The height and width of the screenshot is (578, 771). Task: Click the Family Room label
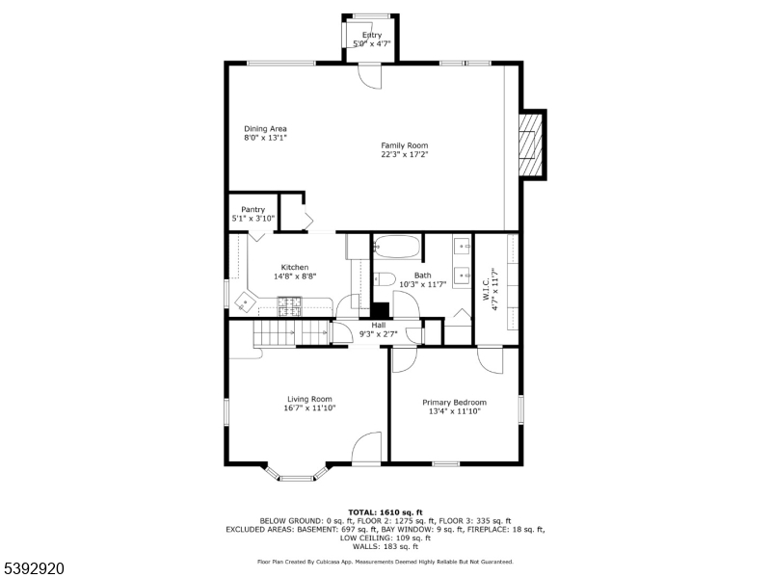pyautogui.click(x=404, y=145)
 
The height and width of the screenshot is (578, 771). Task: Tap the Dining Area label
pyautogui.click(x=265, y=128)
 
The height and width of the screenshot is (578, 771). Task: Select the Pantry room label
pyautogui.click(x=253, y=209)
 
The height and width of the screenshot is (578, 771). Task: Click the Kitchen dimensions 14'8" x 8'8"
pyautogui.click(x=294, y=276)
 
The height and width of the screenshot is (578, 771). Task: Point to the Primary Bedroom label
pyautogui.click(x=454, y=402)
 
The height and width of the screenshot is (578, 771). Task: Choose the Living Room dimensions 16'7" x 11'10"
pyautogui.click(x=309, y=407)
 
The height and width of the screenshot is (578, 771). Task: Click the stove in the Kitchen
pyautogui.click(x=290, y=307)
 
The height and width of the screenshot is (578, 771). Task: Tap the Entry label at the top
pyautogui.click(x=371, y=36)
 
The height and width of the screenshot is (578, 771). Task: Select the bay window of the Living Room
pyautogui.click(x=297, y=472)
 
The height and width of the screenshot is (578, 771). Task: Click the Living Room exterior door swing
pyautogui.click(x=367, y=450)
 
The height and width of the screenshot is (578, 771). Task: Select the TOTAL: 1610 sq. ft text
pyautogui.click(x=385, y=512)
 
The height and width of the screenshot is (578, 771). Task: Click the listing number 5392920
pyautogui.click(x=34, y=568)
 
